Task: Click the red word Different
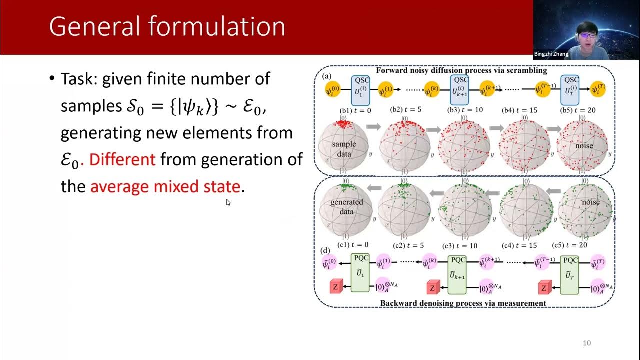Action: (x=122, y=160)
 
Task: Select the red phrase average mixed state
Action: (x=165, y=187)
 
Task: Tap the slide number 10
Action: (x=587, y=343)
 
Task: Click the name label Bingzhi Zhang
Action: (x=551, y=54)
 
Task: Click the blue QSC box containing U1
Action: (x=361, y=90)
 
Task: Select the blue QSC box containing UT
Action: (x=569, y=90)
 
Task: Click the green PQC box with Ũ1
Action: (x=360, y=273)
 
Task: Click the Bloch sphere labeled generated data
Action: (x=346, y=208)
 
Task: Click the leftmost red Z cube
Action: (x=335, y=287)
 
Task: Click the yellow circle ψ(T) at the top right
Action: (x=596, y=91)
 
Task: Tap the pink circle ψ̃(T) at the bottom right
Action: (x=597, y=264)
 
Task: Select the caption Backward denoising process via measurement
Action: (x=463, y=303)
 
